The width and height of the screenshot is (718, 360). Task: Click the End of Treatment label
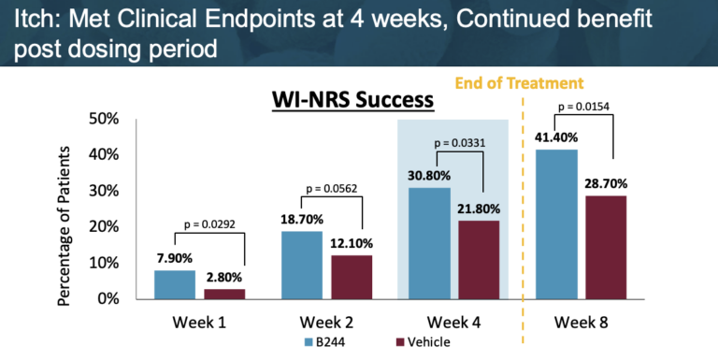point(520,83)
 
